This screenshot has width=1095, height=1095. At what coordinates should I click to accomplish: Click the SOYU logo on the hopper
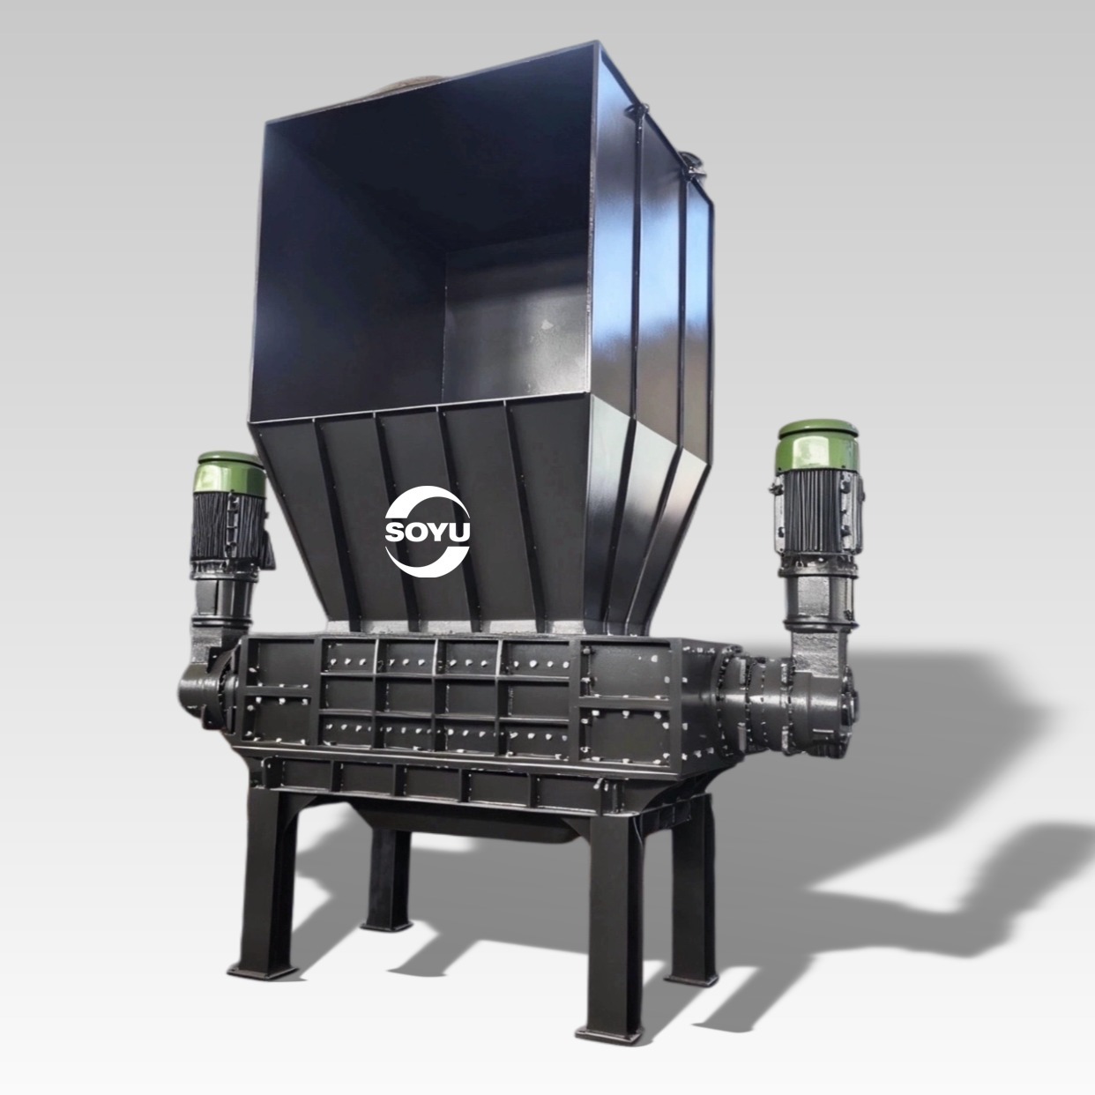pos(428,531)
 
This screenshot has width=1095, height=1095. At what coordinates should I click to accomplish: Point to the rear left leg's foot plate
pos(387,925)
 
